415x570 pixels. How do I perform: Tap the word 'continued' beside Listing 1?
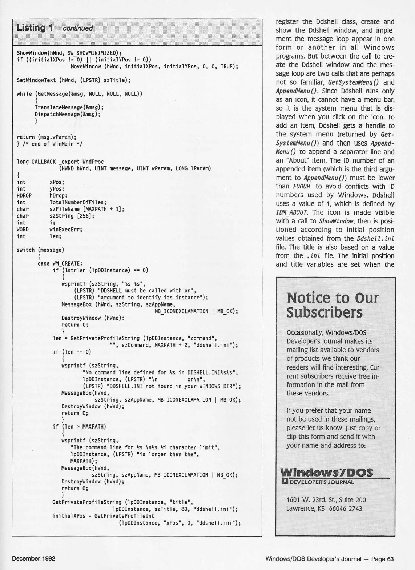tap(77, 28)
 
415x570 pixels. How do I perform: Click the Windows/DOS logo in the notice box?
tap(327, 473)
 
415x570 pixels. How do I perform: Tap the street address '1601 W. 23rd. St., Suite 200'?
tap(326, 500)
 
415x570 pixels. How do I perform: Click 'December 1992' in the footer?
tap(34, 558)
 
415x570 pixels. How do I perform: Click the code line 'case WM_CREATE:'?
tap(60, 263)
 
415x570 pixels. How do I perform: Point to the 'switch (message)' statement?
tap(40, 250)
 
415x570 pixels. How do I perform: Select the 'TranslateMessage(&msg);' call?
tap(69, 107)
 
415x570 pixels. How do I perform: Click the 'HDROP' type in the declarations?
tap(24, 195)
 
